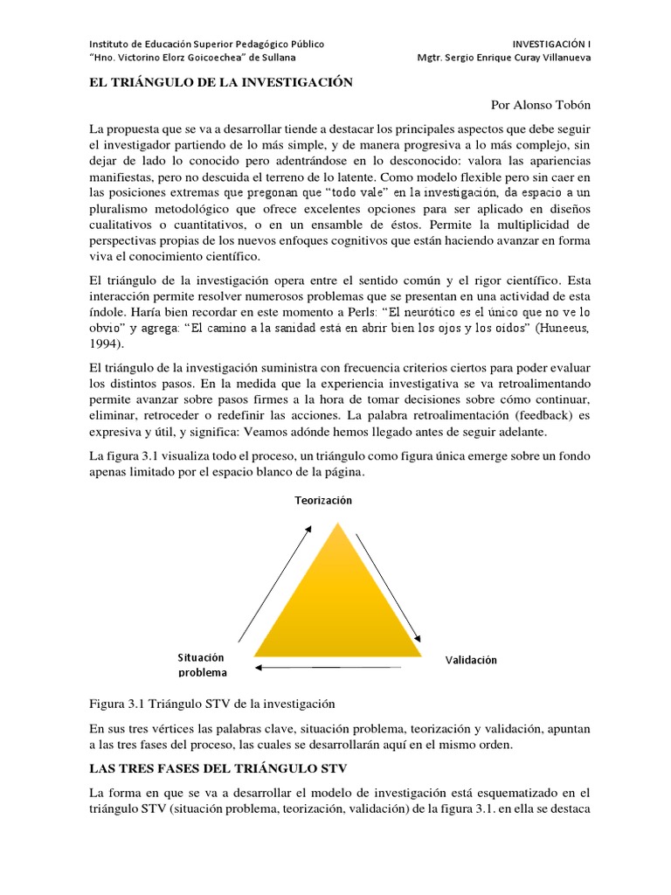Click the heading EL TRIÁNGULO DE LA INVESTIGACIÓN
click(221, 82)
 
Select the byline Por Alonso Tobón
click(541, 105)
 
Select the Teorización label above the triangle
click(316, 500)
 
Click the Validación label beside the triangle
click(471, 660)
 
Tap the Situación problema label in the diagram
click(202, 664)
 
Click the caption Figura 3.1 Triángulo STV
click(212, 704)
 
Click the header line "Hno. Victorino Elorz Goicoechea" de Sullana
click(193, 58)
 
